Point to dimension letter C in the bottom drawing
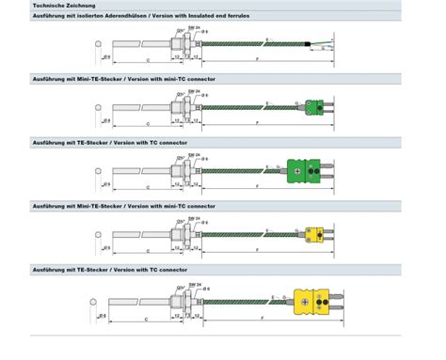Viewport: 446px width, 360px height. pos(149,319)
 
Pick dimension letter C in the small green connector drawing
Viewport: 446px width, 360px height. pos(149,124)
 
